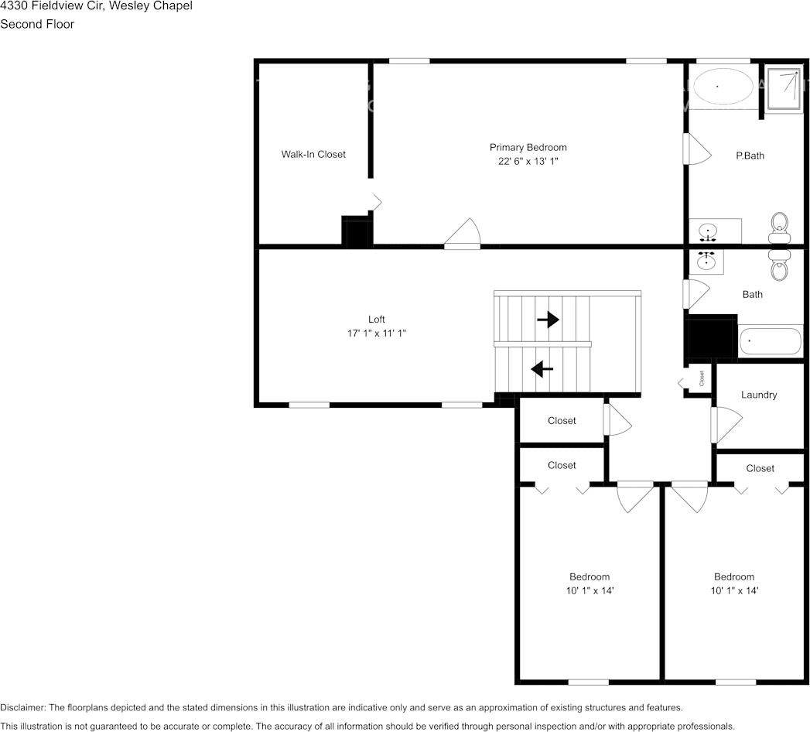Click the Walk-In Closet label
(313, 154)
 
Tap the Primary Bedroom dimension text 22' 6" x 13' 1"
(528, 162)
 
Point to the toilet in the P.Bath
(780, 227)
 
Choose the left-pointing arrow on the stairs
(542, 369)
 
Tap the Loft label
(376, 319)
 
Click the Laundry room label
(758, 395)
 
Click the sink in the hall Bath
(706, 262)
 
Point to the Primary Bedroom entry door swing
(464, 234)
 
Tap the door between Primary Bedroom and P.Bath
(696, 149)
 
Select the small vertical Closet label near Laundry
(702, 378)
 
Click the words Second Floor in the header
(37, 24)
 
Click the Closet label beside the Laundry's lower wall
(760, 468)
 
